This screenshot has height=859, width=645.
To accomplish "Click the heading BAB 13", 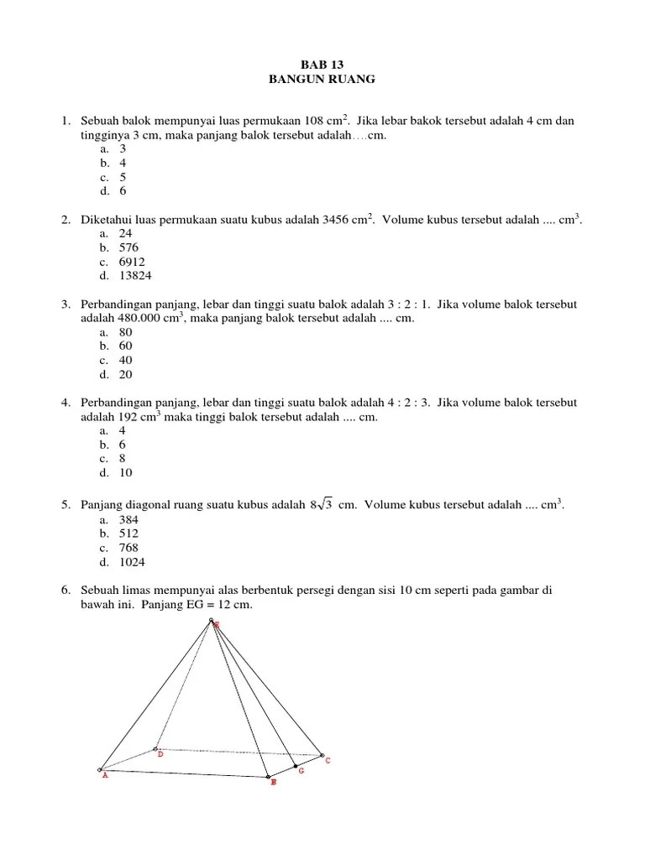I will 322,65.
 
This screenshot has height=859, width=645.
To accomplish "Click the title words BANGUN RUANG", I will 322,79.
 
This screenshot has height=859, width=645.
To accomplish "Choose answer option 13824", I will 136,276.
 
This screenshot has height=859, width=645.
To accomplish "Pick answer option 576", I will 128,247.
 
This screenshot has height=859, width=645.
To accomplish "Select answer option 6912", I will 132,262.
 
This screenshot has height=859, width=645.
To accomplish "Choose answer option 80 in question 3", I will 126,332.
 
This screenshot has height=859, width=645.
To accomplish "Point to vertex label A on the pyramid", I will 105,776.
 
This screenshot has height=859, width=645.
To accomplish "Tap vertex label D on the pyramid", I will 160,754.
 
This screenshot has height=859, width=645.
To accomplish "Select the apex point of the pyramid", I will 212,622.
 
